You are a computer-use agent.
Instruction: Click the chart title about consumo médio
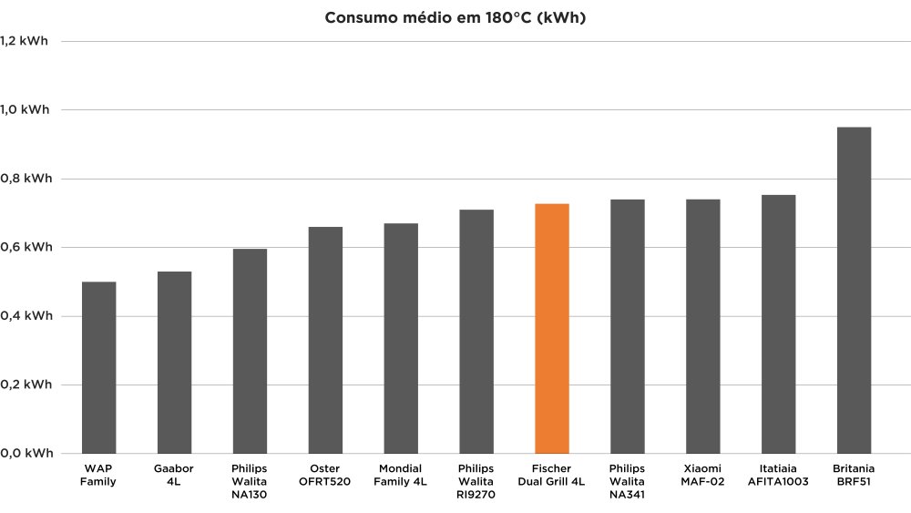coord(455,18)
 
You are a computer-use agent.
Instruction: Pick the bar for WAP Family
coord(98,367)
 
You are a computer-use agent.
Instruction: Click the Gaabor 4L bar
coord(174,362)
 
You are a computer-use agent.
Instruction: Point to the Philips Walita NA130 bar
coord(250,351)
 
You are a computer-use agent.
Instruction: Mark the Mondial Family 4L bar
coord(401,338)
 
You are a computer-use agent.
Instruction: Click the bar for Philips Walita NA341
coord(628,326)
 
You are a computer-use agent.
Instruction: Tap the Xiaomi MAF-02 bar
coord(703,326)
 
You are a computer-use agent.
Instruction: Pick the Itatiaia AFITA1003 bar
coord(778,323)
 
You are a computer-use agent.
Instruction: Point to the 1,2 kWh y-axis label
coord(25,41)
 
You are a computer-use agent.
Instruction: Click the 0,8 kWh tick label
coord(25,179)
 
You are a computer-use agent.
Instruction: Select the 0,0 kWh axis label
coord(25,453)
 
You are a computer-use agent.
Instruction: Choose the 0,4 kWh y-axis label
coord(25,316)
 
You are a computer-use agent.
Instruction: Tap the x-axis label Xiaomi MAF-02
coord(703,475)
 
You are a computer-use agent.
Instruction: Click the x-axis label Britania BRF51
coord(854,475)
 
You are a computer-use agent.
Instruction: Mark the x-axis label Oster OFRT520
coord(325,475)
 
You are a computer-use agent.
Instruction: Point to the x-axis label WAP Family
coord(98,475)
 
